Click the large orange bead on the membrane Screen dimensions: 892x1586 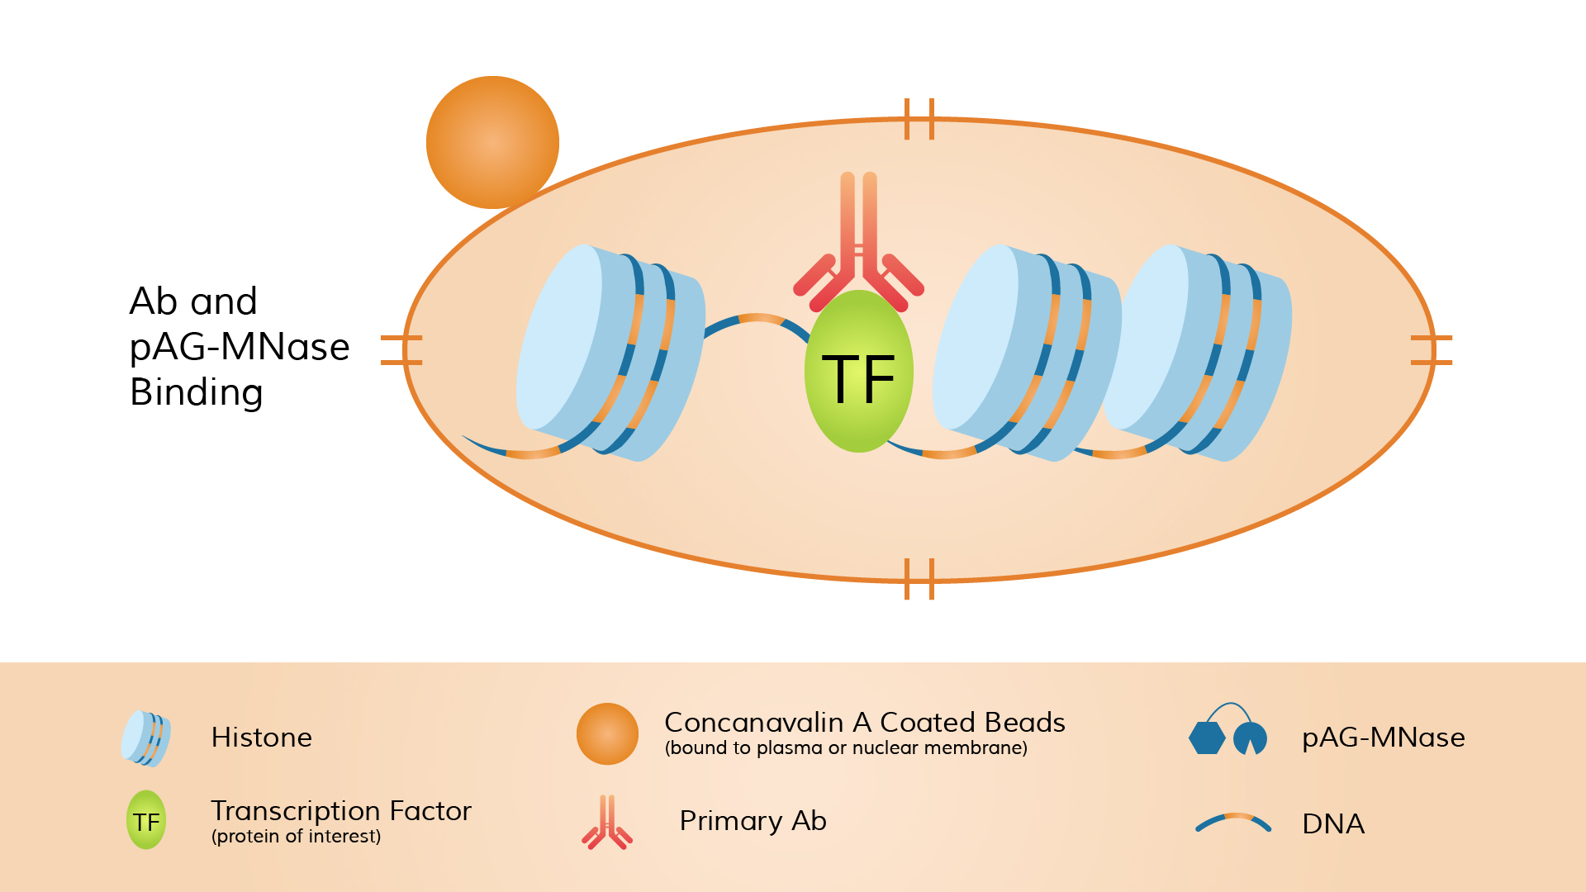coord(492,142)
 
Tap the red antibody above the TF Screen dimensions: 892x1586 coord(858,248)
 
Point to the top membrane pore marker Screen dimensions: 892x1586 coord(919,119)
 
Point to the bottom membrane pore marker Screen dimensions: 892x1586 coord(919,579)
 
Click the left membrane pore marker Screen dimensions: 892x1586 coord(402,350)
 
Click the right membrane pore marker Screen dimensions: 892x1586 coord(1432,350)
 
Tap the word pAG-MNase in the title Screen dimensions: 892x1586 coord(240,347)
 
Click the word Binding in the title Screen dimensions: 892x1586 coord(197,392)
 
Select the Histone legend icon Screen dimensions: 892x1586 coord(146,738)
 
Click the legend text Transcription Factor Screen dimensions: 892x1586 coord(340,811)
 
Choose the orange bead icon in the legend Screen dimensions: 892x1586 coord(607,733)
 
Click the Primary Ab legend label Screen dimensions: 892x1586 coord(753,821)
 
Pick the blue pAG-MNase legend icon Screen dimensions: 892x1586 coord(1227,733)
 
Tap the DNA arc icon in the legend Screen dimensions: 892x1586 coord(1233,823)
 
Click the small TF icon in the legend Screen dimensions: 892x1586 coord(146,821)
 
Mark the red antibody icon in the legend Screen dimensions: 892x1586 coord(607,823)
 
